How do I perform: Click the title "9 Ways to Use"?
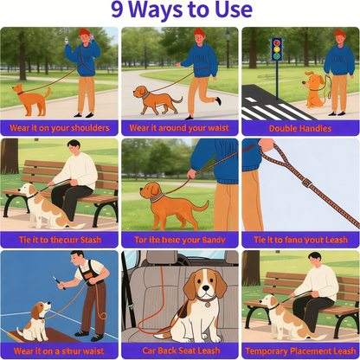180,12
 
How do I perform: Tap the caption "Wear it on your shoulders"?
60,127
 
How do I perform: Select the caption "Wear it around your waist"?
179,127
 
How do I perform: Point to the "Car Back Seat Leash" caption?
179,350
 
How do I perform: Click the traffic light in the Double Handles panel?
277,49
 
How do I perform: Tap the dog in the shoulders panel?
31,98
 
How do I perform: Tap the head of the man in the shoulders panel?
83,36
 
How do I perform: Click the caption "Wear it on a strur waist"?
60,350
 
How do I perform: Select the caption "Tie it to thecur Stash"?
60,239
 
